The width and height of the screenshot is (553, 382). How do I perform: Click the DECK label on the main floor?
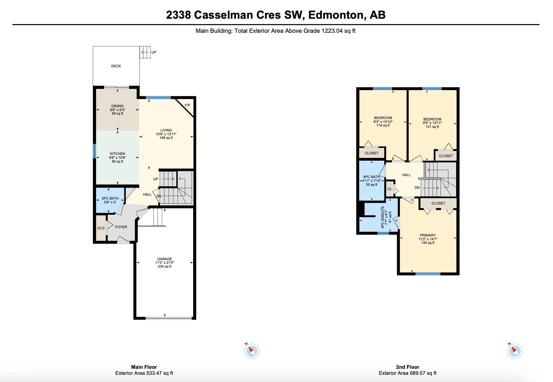click(x=116, y=66)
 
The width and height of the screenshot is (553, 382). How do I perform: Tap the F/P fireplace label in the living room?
click(x=187, y=105)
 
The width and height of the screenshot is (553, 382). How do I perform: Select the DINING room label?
click(x=118, y=106)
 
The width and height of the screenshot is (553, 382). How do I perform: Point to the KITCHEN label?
click(x=118, y=154)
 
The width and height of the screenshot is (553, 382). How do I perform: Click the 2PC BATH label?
click(x=110, y=198)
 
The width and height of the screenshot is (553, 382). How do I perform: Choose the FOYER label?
click(x=121, y=227)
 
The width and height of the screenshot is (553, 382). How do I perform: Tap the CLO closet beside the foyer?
click(x=101, y=228)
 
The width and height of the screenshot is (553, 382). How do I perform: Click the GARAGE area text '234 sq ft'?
click(x=165, y=267)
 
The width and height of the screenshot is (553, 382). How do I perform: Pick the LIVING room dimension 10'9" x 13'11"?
click(x=166, y=134)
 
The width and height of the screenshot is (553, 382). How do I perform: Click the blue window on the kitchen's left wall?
click(x=94, y=151)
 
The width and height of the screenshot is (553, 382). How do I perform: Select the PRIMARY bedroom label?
click(x=428, y=235)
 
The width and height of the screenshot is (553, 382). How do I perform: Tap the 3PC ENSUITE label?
click(x=383, y=217)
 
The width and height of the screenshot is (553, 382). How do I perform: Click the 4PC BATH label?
click(x=371, y=177)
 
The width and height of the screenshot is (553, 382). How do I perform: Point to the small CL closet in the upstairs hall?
click(x=390, y=189)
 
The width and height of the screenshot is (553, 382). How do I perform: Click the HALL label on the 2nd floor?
click(x=406, y=175)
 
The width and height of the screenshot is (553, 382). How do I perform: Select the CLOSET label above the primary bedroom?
click(x=438, y=203)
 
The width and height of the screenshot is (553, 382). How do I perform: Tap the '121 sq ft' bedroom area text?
click(x=432, y=127)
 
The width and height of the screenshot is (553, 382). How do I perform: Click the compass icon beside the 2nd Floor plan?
click(x=515, y=351)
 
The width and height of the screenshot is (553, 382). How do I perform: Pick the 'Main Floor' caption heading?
click(x=144, y=367)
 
